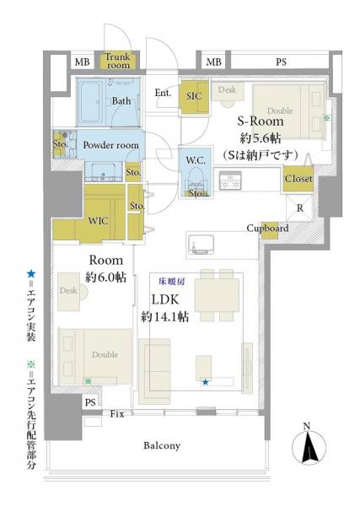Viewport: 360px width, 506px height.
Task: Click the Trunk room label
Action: (118, 61)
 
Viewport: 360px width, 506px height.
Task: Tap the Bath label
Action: (121, 101)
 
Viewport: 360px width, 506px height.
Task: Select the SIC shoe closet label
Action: (194, 96)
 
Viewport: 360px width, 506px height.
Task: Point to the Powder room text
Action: (111, 145)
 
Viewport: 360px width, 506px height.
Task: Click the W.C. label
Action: (196, 160)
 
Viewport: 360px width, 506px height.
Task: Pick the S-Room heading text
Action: (261, 121)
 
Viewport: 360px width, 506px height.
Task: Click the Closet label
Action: (298, 179)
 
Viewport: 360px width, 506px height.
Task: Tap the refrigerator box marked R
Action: (299, 208)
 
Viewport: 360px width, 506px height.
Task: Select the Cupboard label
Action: (267, 229)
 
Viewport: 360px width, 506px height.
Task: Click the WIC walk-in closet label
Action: (98, 221)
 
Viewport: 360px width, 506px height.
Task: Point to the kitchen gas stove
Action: (230, 181)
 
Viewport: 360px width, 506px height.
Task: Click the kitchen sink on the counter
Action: (201, 245)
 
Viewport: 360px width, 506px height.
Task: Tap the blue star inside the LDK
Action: (205, 382)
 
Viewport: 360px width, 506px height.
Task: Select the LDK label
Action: (165, 299)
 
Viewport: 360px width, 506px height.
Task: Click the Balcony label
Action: (162, 445)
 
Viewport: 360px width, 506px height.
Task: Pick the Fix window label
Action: (117, 414)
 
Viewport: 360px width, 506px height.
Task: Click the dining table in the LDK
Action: (217, 295)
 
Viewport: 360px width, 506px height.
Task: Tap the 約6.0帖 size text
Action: (105, 277)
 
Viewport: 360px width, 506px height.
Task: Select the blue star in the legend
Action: (31, 274)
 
